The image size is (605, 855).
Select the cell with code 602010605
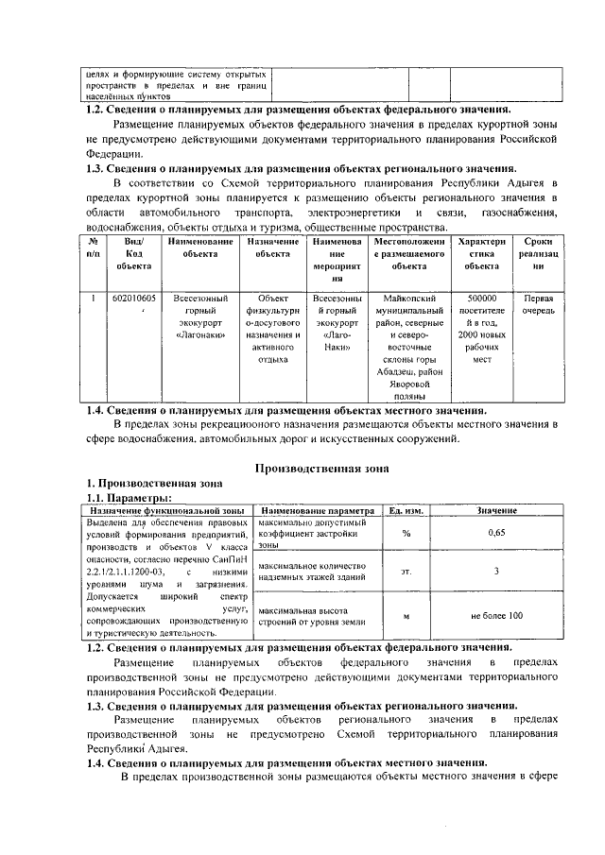coord(133,299)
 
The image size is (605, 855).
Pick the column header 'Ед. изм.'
coord(406,510)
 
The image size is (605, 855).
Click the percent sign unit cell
coord(406,534)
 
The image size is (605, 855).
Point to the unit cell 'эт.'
coord(406,571)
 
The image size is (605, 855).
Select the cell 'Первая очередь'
coord(539,304)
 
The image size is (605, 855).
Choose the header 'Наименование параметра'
coord(318,510)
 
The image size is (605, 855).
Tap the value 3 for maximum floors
coord(496,571)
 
